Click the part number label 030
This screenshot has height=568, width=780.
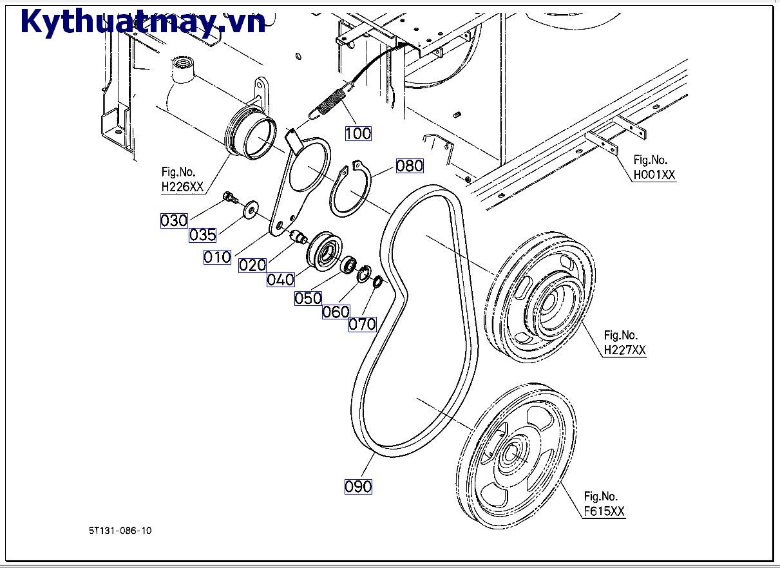tap(174, 221)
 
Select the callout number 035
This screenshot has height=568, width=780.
tap(202, 235)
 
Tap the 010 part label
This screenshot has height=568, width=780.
tap(217, 257)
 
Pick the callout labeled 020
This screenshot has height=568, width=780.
tap(252, 265)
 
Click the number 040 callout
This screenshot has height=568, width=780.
tap(281, 279)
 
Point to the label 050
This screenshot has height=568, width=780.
tap(308, 298)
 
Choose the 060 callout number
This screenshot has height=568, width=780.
tap(336, 312)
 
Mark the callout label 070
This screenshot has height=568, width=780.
tap(362, 324)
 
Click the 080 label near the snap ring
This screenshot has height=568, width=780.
tap(409, 166)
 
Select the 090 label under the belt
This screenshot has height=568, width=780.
tap(358, 486)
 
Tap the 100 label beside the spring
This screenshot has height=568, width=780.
tap(358, 133)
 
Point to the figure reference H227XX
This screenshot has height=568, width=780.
tap(624, 350)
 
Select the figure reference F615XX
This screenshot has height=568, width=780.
tap(604, 511)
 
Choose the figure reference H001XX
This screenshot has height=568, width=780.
tap(654, 175)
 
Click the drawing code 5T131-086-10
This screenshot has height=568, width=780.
tap(120, 531)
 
